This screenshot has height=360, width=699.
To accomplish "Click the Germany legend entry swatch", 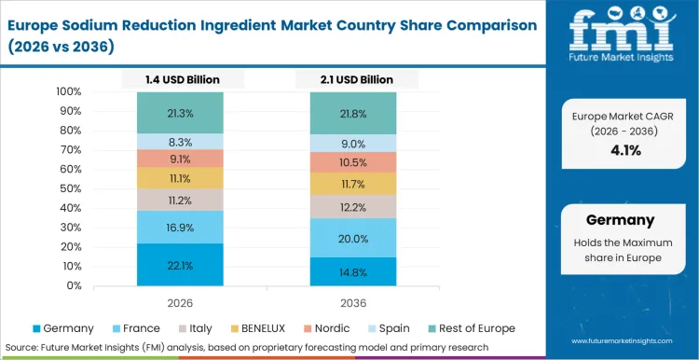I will (36, 328).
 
